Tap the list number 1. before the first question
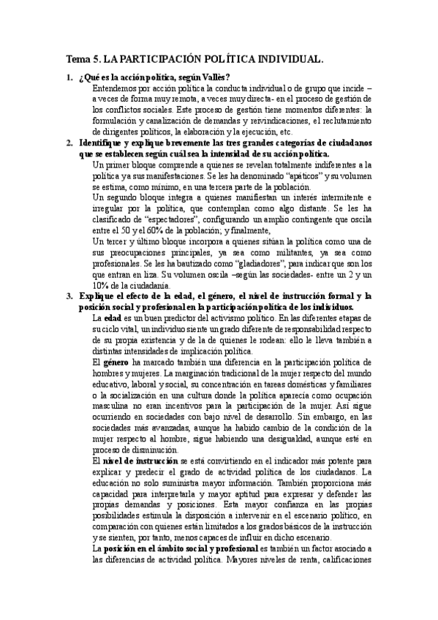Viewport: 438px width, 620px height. [x=69, y=77]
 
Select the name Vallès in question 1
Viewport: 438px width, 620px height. [x=215, y=77]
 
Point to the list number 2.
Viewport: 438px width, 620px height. [x=69, y=143]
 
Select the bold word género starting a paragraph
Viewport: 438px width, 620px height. [x=116, y=362]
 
